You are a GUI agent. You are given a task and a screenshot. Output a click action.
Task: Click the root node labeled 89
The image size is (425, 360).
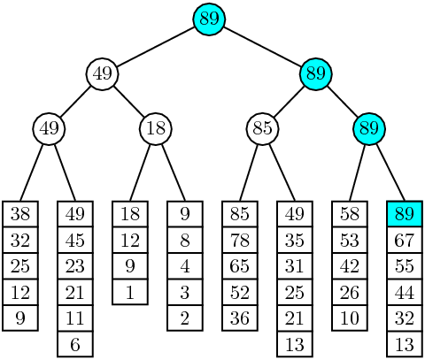209,19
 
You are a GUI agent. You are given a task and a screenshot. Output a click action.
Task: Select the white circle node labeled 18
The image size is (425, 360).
156,129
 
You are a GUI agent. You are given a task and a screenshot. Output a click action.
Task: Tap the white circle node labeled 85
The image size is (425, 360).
262,129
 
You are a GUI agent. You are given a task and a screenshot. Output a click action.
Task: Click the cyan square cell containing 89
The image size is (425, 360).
405,214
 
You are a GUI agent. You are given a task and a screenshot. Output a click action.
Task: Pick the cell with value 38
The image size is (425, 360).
20,214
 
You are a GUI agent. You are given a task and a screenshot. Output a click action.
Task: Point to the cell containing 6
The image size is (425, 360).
75,344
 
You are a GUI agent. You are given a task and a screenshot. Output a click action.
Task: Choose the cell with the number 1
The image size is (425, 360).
130,292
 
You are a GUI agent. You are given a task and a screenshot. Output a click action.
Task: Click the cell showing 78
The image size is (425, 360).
240,240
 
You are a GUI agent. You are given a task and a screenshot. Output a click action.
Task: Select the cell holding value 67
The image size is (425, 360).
405,240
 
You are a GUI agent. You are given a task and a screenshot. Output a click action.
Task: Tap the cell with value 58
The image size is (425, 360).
350,214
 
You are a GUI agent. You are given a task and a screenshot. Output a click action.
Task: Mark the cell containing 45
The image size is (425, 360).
75,240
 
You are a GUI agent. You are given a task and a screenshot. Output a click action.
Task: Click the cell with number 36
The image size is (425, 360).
240,318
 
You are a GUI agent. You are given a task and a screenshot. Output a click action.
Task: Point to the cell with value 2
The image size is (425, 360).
185,318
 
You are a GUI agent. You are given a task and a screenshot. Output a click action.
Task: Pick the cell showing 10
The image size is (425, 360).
350,318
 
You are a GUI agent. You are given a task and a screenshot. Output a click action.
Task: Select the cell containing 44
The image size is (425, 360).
405,292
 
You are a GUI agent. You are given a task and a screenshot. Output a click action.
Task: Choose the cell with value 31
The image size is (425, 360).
295,266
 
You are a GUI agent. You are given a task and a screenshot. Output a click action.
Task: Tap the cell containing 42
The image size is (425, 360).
350,266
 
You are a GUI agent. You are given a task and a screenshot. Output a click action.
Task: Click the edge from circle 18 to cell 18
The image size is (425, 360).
140,172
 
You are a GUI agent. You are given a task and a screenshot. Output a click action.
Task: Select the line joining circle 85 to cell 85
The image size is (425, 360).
249,172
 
